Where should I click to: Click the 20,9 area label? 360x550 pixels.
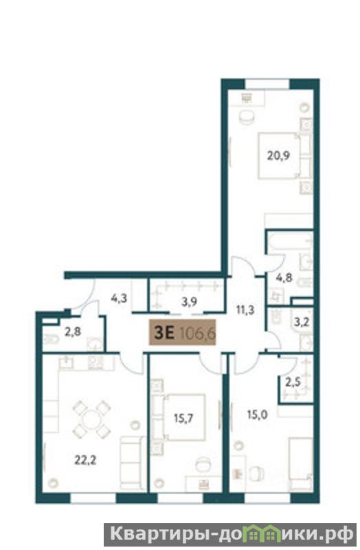pos(278,155)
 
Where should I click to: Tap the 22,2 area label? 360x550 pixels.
pos(85,460)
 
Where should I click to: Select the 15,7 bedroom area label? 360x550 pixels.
pos(183,418)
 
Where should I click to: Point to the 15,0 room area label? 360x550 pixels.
pos(258,415)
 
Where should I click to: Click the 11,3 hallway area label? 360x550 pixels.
pos(245,310)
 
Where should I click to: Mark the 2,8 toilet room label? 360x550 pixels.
pos(73,331)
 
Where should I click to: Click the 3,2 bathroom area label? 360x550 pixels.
pos(301,322)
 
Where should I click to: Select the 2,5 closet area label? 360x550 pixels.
pos(293,382)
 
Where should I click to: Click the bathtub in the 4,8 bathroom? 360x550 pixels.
pos(290,242)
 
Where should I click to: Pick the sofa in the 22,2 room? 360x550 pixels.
pos(133,462)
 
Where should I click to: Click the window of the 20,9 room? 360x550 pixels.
pos(267,84)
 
